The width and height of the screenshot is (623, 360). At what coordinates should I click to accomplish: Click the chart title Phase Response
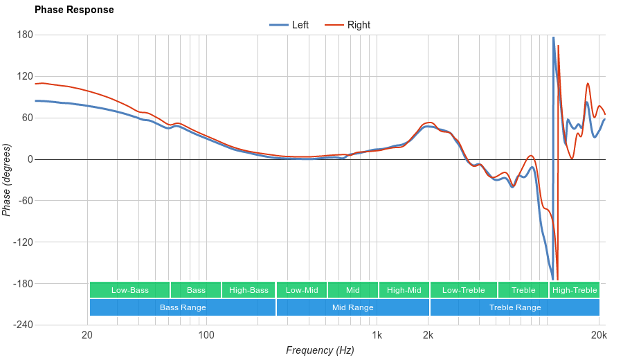point(74,10)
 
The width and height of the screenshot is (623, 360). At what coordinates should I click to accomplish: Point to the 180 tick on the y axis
point(26,35)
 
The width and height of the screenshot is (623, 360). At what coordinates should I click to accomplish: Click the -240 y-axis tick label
point(23,325)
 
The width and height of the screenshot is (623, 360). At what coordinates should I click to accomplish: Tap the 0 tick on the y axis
point(30,159)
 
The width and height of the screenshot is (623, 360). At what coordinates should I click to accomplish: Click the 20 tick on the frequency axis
point(87,336)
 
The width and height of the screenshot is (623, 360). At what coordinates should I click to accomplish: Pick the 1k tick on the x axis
point(377,336)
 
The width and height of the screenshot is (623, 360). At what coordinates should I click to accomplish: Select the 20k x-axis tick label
point(599,336)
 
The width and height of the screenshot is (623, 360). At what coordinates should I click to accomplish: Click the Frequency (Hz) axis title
point(320,350)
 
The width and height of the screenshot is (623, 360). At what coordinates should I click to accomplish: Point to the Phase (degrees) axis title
point(7,180)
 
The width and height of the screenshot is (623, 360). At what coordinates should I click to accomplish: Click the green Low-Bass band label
point(129,290)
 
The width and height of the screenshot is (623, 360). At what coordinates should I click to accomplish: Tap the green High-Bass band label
point(249,290)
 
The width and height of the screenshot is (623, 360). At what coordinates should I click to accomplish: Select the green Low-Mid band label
point(302,290)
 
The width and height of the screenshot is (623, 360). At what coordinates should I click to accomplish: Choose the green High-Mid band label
point(404,290)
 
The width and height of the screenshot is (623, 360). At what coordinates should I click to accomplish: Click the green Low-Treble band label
point(463,290)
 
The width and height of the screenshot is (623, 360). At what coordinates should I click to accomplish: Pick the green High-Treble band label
point(575,290)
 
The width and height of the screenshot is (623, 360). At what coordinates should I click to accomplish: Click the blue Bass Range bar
point(183,307)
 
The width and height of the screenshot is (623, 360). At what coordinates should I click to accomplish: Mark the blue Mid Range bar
point(352,307)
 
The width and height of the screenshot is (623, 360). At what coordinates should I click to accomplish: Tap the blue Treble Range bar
point(515,307)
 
